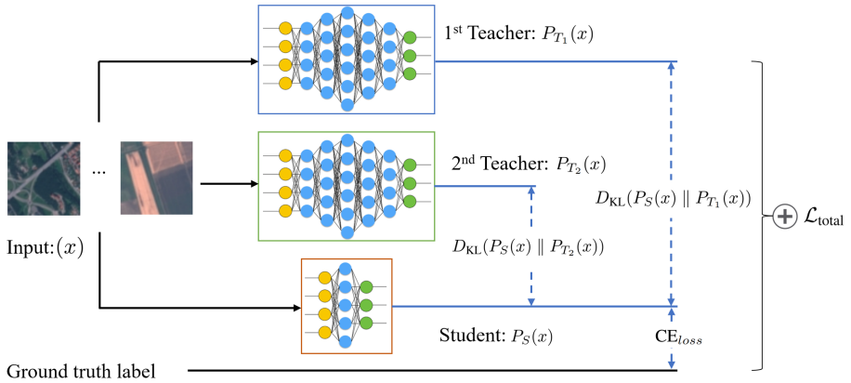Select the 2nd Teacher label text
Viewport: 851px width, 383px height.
point(527,165)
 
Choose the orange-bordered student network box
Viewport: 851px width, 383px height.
point(347,306)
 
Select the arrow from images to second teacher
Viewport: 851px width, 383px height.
point(228,184)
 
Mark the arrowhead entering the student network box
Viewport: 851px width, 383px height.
point(295,307)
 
